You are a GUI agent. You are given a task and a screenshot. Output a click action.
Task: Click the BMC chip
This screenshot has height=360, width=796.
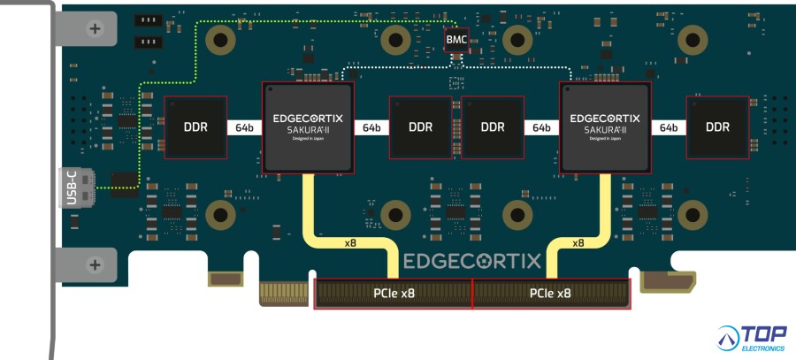[x=456, y=39]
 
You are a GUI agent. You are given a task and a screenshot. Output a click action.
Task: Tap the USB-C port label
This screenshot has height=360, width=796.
[x=72, y=187]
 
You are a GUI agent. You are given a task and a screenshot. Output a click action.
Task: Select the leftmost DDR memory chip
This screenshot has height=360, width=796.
[x=195, y=126]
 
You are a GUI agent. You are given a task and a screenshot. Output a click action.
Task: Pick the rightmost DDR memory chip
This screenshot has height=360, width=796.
[x=717, y=126]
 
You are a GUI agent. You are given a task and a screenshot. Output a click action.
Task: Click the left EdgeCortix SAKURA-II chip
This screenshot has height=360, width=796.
[x=308, y=126]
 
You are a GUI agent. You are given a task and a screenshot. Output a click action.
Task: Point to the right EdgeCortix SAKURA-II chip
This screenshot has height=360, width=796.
[x=605, y=126]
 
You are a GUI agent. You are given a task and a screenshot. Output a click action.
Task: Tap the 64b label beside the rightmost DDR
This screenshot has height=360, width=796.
[x=666, y=127]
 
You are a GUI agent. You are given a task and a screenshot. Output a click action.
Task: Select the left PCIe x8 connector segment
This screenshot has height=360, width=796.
[x=394, y=294]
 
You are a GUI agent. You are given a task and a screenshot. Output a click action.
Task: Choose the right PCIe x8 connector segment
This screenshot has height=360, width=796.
[x=550, y=294]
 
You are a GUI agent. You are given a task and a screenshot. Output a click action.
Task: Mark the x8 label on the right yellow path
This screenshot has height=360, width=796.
[x=578, y=242]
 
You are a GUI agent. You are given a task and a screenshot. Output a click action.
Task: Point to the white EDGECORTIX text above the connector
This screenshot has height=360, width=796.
[x=472, y=261]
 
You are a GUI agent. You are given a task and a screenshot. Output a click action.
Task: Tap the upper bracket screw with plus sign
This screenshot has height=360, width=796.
[x=96, y=28]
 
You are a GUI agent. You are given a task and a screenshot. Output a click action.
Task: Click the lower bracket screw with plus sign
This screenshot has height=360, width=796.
[x=96, y=264]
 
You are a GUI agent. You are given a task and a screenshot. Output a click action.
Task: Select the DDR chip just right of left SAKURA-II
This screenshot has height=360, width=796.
[x=420, y=126]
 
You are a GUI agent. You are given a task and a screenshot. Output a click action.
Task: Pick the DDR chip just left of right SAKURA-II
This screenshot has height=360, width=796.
[x=493, y=126]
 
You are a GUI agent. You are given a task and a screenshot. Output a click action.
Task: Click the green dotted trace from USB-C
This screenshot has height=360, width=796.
[x=139, y=133]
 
